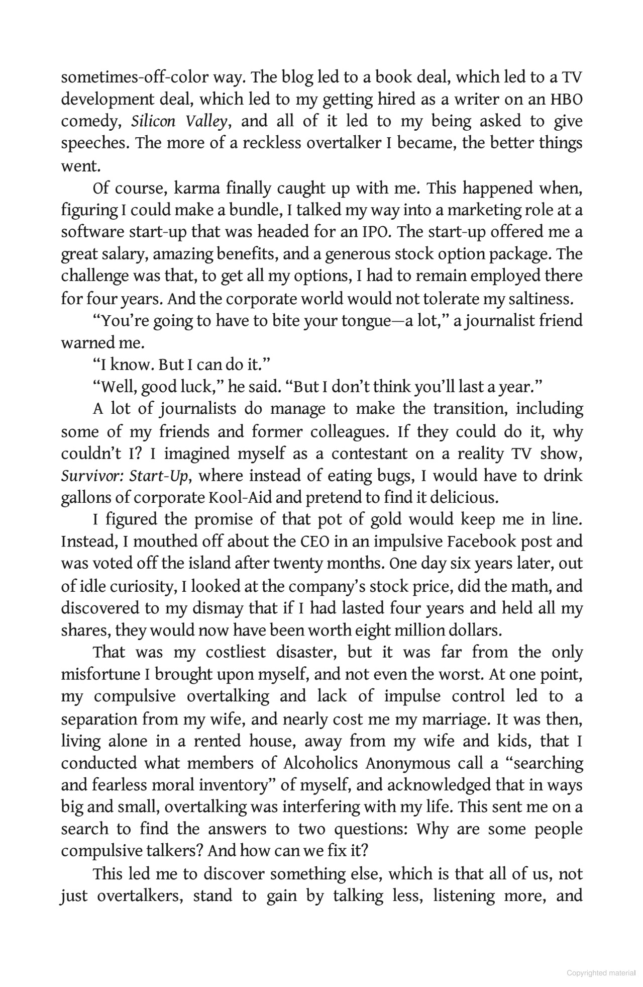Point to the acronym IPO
coord(375,232)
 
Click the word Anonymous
coord(407,763)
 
